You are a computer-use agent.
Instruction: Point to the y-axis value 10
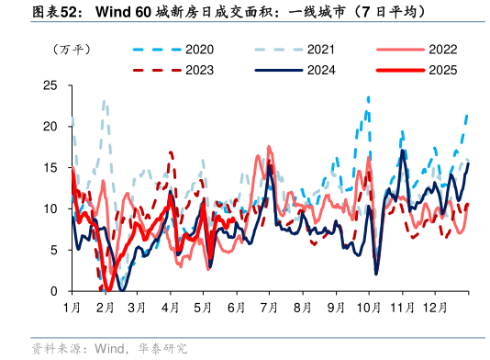51,208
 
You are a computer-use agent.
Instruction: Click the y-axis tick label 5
55,250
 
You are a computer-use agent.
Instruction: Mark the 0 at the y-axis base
55,291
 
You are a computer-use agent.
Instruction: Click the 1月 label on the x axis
72,306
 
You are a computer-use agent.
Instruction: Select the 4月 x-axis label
171,306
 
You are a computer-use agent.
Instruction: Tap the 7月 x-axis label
270,306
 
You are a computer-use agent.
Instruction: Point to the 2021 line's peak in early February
105,101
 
